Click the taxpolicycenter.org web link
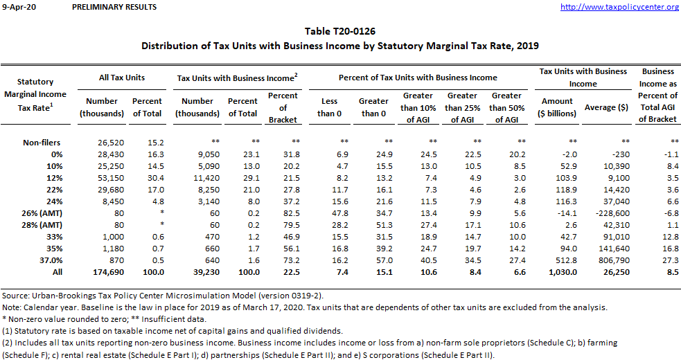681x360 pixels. tap(619, 7)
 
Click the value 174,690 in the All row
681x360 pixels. tap(102, 271)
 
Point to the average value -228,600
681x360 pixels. tap(605, 213)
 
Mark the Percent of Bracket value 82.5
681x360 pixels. tap(283, 213)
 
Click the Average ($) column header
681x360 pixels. tap(605, 107)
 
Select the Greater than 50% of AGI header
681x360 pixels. tap(506, 107)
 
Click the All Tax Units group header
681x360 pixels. tap(122, 78)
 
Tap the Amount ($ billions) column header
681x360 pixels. tap(557, 107)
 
